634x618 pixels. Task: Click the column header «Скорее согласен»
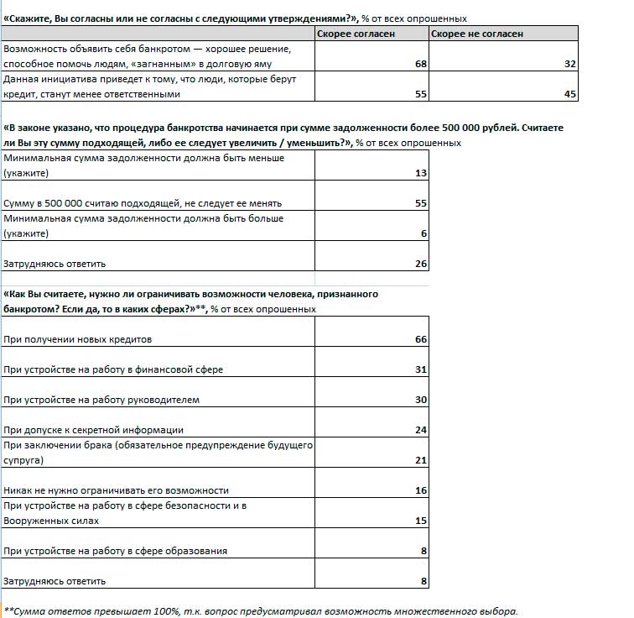pyautogui.click(x=356, y=34)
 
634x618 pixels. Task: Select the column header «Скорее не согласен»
pyautogui.click(x=476, y=34)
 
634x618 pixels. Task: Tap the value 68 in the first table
pyautogui.click(x=421, y=65)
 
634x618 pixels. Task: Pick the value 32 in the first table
pyautogui.click(x=571, y=65)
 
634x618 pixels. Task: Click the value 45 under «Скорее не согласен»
pyautogui.click(x=571, y=95)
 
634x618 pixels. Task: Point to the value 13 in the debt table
pyautogui.click(x=421, y=173)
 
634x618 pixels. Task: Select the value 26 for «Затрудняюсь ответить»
pyautogui.click(x=421, y=264)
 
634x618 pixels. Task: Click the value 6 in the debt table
pyautogui.click(x=424, y=233)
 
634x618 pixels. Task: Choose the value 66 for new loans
pyautogui.click(x=421, y=339)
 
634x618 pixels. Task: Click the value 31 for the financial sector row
pyautogui.click(x=421, y=369)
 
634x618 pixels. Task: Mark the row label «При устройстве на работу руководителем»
pyautogui.click(x=101, y=400)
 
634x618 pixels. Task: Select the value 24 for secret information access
pyautogui.click(x=421, y=430)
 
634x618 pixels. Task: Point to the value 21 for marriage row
pyautogui.click(x=421, y=460)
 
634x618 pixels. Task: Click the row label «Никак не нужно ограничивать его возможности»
pyautogui.click(x=116, y=490)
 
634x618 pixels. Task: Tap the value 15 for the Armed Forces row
pyautogui.click(x=421, y=521)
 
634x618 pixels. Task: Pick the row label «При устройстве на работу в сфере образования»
pyautogui.click(x=116, y=551)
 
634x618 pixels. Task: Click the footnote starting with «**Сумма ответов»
pyautogui.click(x=261, y=610)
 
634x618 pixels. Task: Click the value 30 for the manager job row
pyautogui.click(x=421, y=400)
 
